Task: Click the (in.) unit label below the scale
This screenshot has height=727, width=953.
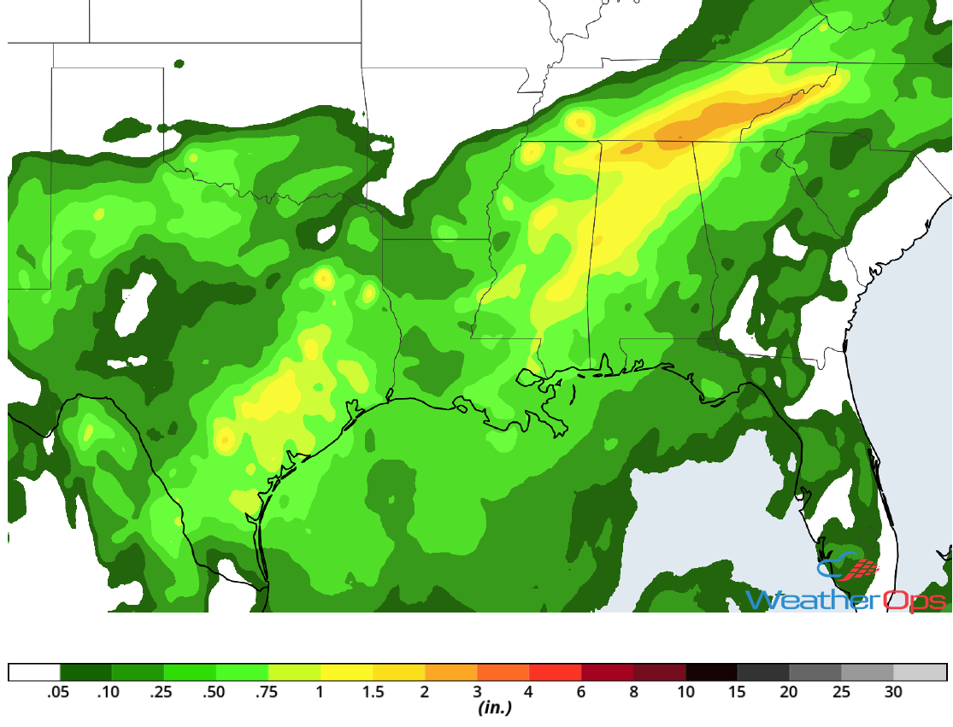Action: [494, 708]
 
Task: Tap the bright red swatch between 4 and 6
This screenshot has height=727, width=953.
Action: [556, 671]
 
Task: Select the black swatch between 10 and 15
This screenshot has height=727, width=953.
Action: [712, 671]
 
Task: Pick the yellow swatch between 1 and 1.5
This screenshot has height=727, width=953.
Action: [347, 671]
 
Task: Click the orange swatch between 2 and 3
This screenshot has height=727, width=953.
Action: [451, 671]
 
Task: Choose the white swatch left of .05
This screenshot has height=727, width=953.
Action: [34, 671]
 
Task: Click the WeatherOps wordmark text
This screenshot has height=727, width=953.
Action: [846, 601]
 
